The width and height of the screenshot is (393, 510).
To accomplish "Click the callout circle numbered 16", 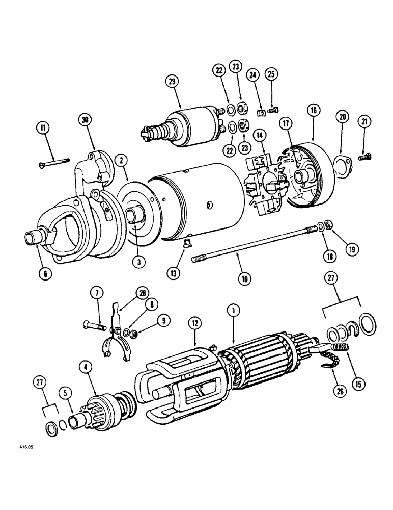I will (x=312, y=110).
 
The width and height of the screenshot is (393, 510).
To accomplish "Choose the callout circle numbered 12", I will (x=193, y=322).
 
